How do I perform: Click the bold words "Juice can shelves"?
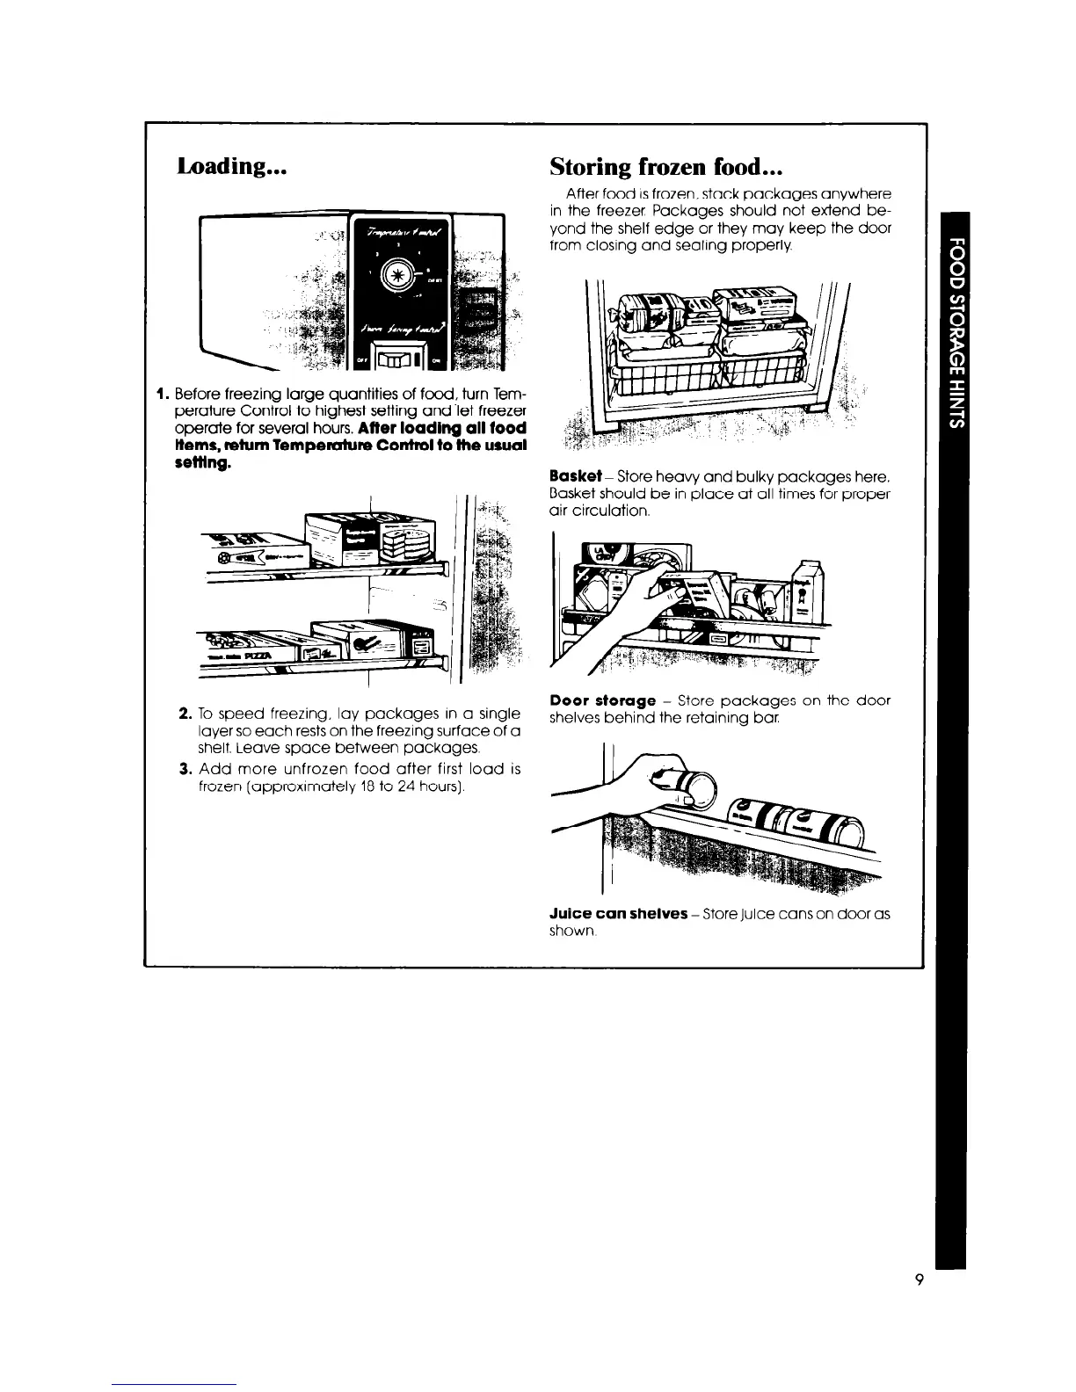pos(618,913)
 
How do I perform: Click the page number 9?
pos(918,1280)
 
